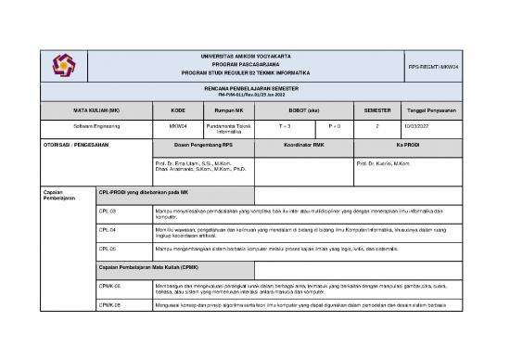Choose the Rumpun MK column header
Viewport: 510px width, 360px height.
pos(228,108)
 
